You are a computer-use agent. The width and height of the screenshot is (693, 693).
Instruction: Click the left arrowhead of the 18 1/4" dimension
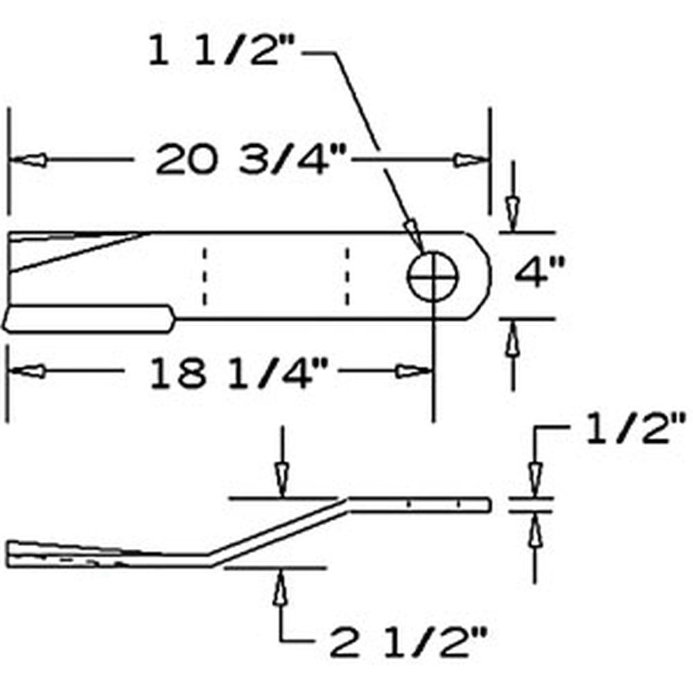28,371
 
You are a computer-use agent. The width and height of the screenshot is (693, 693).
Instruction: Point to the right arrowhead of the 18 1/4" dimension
413,371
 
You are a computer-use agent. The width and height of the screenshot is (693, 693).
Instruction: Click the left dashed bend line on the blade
204,276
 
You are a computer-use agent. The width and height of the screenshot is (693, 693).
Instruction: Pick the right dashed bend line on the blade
347,276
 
